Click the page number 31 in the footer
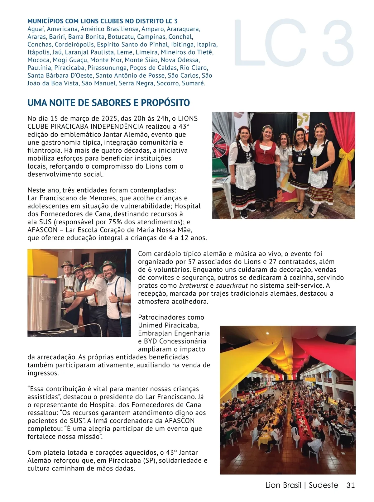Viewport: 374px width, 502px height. tap(350, 485)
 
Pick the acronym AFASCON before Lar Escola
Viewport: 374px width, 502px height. tap(43, 230)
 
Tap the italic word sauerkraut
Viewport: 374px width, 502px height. tap(232, 285)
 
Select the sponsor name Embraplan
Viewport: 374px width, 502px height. tap(154, 333)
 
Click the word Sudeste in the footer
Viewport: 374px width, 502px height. tap(323, 485)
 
